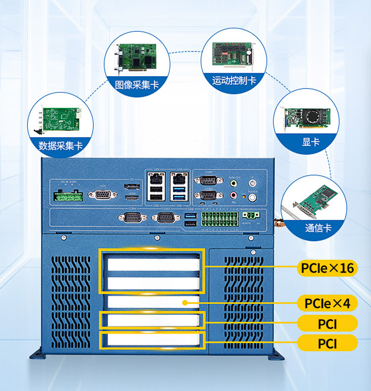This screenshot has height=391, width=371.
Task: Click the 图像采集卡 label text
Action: (x=137, y=85)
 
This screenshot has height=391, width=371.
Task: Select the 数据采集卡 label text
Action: (x=61, y=146)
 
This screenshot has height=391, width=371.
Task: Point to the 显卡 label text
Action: (x=311, y=142)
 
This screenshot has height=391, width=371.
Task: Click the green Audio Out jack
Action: (x=233, y=182)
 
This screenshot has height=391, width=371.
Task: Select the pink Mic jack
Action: (x=233, y=197)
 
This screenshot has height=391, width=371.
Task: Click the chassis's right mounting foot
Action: (x=277, y=355)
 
